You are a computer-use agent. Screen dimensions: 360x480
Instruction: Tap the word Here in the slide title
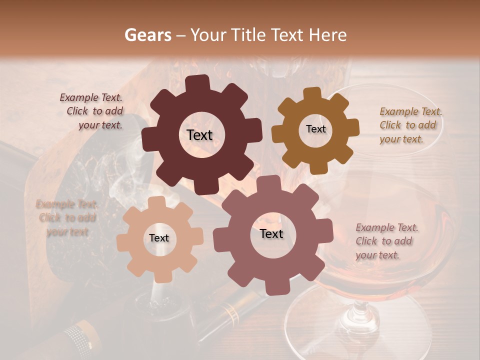pyautogui.click(x=328, y=35)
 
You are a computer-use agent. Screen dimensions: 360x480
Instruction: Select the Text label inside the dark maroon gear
pyautogui.click(x=199, y=135)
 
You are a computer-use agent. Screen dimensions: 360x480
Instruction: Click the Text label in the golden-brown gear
pyautogui.click(x=315, y=129)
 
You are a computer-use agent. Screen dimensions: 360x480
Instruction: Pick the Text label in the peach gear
pyautogui.click(x=159, y=238)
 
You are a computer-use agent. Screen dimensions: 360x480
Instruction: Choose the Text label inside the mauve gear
pyautogui.click(x=271, y=233)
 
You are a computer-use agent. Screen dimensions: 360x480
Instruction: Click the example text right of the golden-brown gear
pyautogui.click(x=409, y=125)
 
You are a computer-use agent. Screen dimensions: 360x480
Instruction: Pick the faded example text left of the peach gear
pyautogui.click(x=66, y=218)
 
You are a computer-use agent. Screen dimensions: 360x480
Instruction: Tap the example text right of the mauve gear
pyautogui.click(x=385, y=241)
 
